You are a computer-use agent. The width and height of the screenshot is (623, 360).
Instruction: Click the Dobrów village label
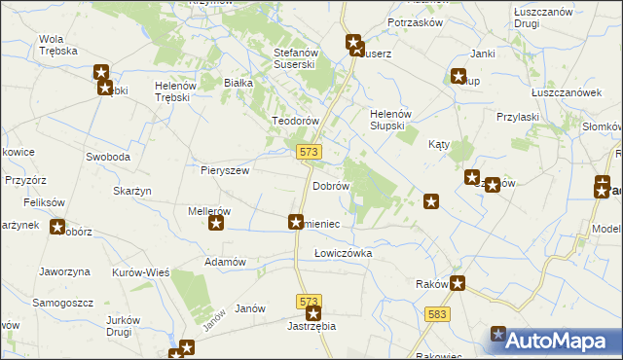(330, 185)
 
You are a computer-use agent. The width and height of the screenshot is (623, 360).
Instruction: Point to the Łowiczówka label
(344, 253)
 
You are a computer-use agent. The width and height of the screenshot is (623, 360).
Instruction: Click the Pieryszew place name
(225, 169)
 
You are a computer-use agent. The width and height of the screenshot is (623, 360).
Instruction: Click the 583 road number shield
(437, 313)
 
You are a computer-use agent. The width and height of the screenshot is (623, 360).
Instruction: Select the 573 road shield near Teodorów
(309, 151)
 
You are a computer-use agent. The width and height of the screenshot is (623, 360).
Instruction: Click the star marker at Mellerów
(217, 224)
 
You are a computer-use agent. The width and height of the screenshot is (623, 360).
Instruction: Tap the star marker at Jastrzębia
(313, 313)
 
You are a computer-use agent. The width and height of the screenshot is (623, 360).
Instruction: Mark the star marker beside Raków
(458, 284)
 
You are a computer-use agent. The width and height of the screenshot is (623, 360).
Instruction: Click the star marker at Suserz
(354, 43)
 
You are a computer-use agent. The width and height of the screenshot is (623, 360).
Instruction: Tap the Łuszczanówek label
(566, 91)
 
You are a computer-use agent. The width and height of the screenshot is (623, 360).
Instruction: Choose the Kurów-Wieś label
(141, 272)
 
